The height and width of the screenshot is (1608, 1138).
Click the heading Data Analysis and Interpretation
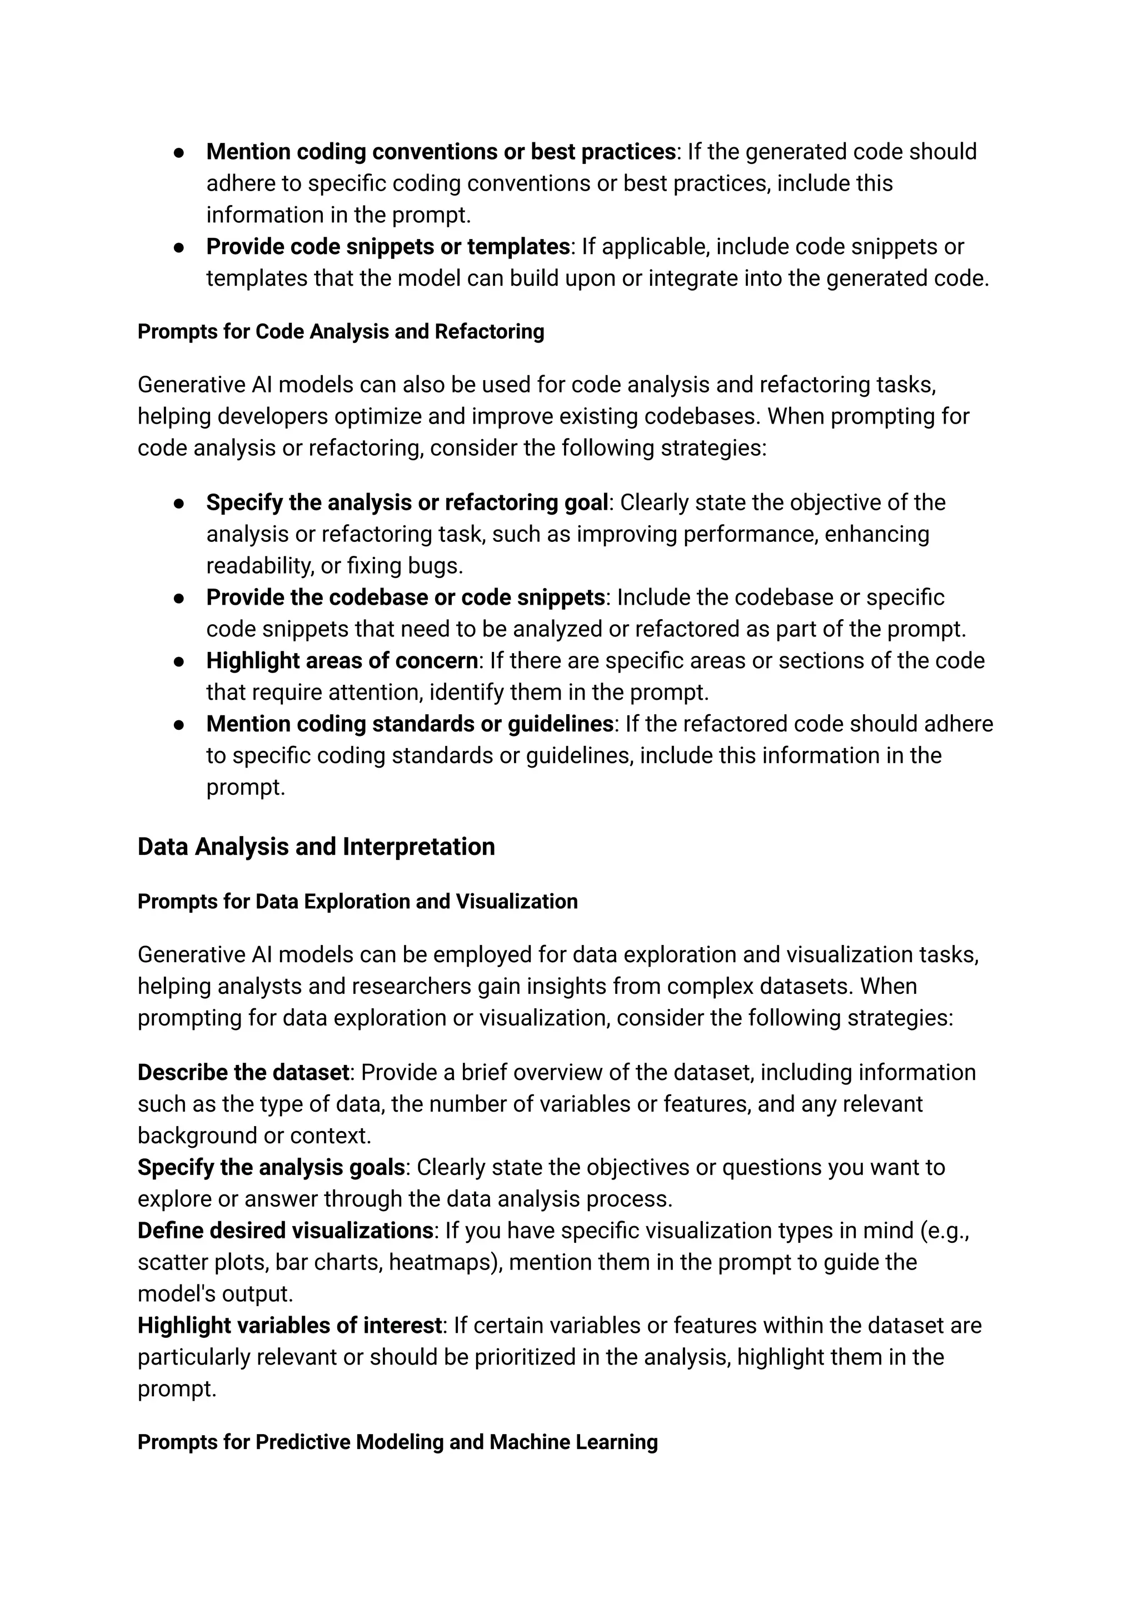pos(316,847)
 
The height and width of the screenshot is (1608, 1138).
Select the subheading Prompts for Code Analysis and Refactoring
pos(341,332)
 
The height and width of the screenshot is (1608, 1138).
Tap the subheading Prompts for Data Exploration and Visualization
pos(357,902)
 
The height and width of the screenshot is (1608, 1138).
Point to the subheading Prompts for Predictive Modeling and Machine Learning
pos(397,1442)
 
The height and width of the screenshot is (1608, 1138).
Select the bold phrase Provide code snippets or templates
pos(387,247)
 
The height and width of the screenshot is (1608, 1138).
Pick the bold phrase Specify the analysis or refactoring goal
pos(406,502)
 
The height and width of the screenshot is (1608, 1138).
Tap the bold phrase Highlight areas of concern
pos(342,660)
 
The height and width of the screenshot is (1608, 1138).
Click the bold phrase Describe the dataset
pos(243,1073)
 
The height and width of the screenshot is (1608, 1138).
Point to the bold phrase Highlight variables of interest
pos(290,1326)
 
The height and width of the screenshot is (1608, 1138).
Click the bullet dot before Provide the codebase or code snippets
pos(179,598)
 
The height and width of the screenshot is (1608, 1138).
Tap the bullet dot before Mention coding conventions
pos(179,152)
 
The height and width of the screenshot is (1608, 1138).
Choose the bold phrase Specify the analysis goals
pos(271,1167)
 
